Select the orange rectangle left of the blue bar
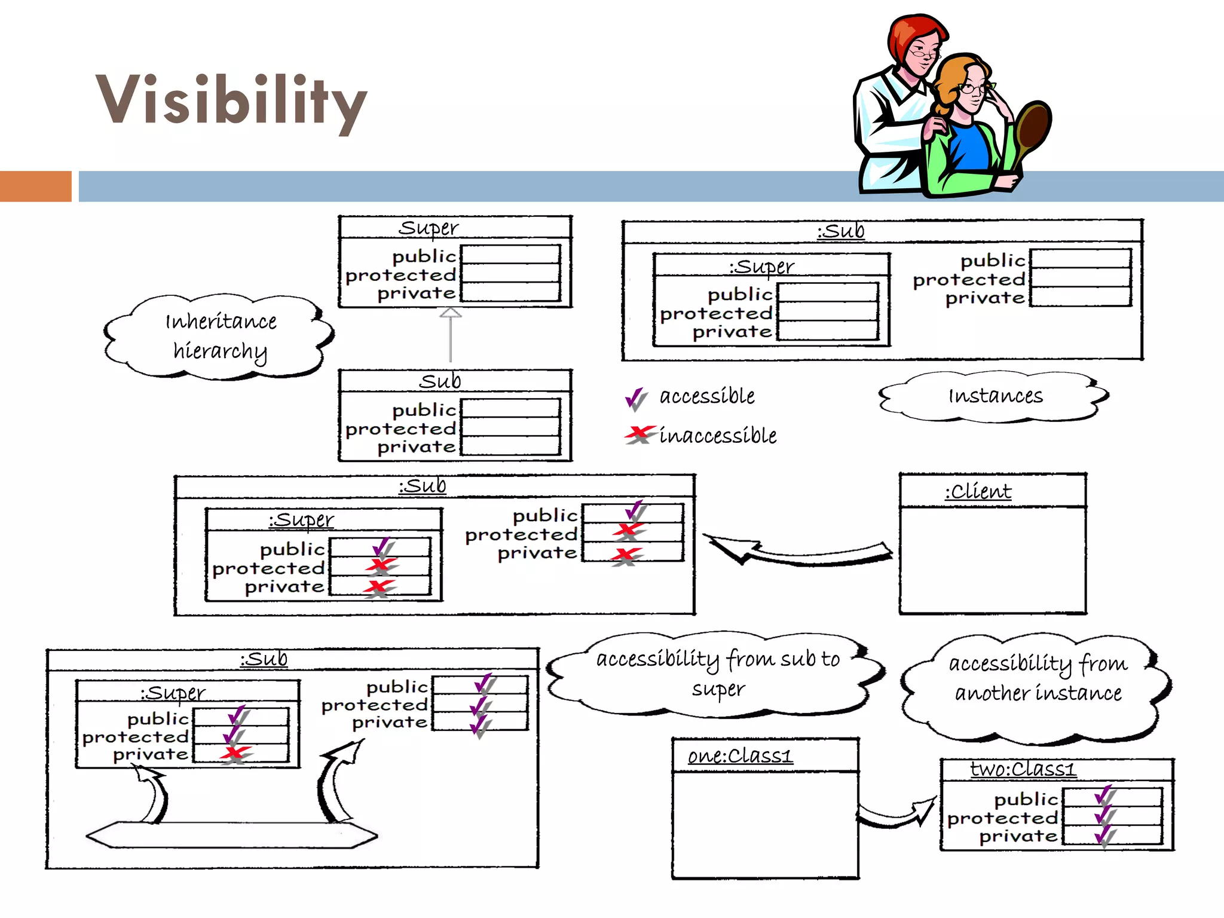[x=35, y=186]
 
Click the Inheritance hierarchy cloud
[x=220, y=336]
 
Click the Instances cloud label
[x=995, y=396]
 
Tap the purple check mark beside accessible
[x=636, y=399]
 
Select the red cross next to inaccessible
[x=639, y=434]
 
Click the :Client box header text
[x=978, y=492]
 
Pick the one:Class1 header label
[x=740, y=756]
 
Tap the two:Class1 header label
[x=1023, y=769]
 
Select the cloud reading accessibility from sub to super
[x=717, y=674]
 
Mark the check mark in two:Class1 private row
[x=1105, y=835]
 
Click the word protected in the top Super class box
[x=400, y=275]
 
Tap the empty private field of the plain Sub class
[x=510, y=446]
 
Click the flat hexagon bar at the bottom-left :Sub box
[x=232, y=834]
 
